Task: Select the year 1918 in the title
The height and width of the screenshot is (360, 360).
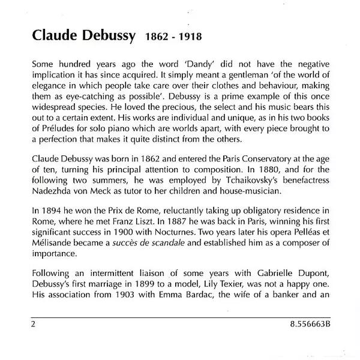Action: point(184,36)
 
